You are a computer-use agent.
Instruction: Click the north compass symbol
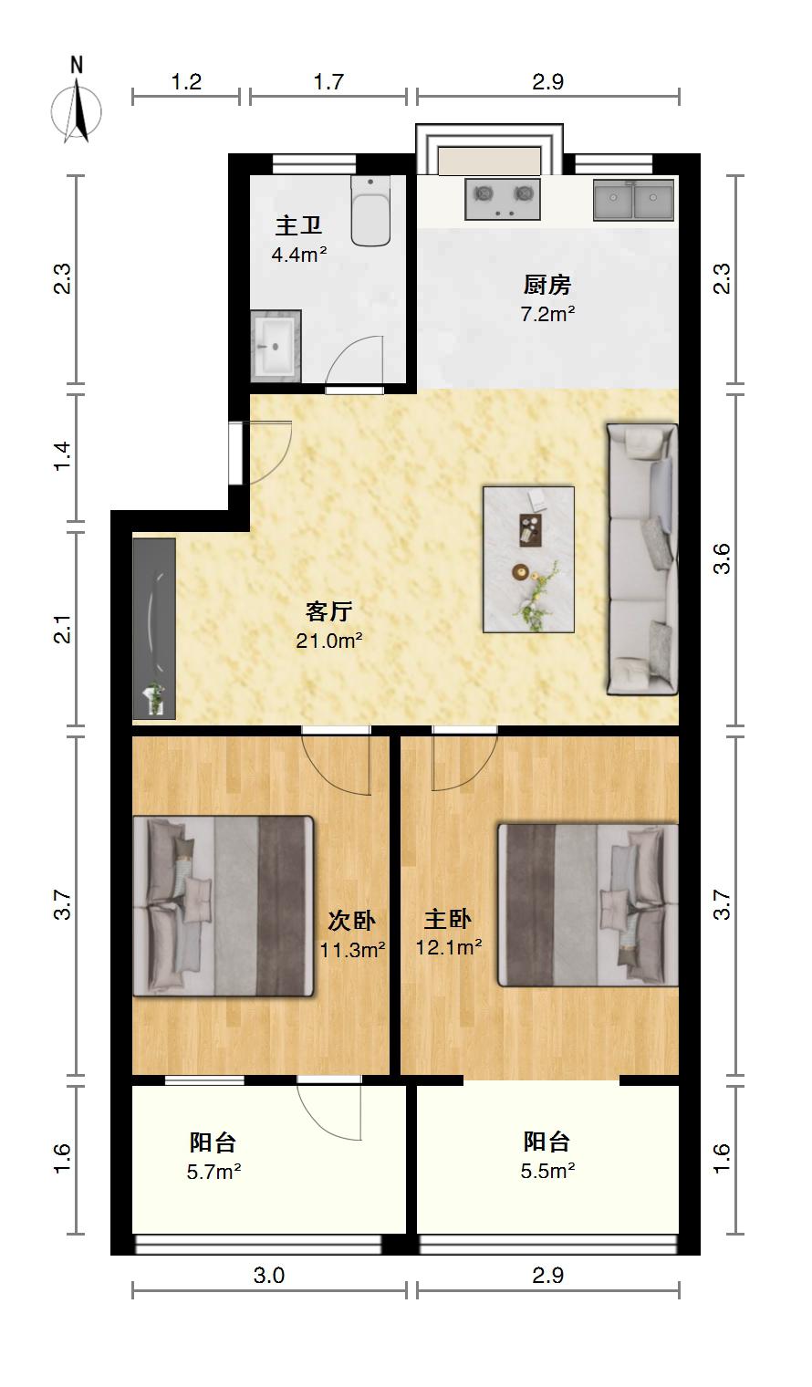tap(76, 101)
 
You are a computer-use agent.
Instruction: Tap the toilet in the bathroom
tap(370, 211)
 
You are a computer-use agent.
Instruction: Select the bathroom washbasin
tap(276, 346)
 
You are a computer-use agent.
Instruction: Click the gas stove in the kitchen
tap(503, 199)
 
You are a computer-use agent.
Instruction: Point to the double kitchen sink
tap(633, 199)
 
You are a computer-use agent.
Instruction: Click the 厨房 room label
tap(547, 285)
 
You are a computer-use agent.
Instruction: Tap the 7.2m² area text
tap(547, 314)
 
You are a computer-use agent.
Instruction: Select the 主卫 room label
tap(299, 225)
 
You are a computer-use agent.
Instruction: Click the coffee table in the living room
tap(528, 559)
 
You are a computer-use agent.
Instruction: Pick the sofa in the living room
tap(641, 559)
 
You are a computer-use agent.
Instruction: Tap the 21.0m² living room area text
tap(328, 641)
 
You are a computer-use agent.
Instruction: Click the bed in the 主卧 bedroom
tap(588, 904)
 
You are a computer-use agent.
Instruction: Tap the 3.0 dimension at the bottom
tap(269, 1275)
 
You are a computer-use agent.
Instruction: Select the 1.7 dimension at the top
tap(328, 82)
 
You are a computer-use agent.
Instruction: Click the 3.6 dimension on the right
tap(723, 559)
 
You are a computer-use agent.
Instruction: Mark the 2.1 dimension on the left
tap(63, 629)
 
